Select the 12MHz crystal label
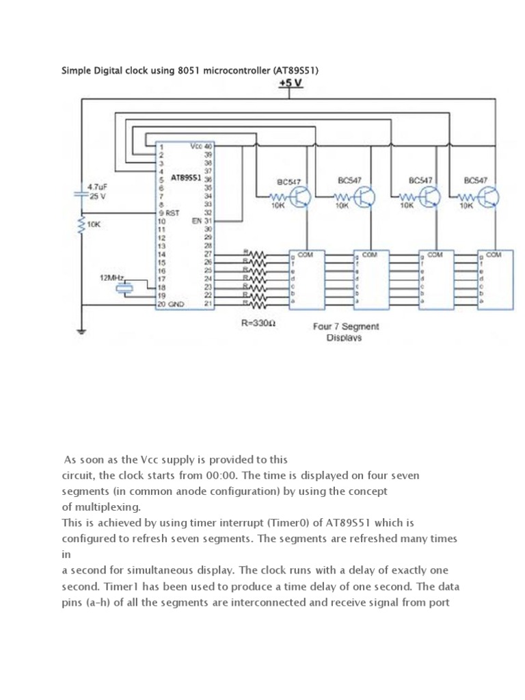(x=113, y=278)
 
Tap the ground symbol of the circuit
(x=82, y=333)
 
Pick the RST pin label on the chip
(x=173, y=213)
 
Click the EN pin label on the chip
(x=197, y=221)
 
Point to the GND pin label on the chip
(x=175, y=304)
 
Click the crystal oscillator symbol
(x=123, y=288)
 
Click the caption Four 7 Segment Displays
(x=345, y=332)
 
